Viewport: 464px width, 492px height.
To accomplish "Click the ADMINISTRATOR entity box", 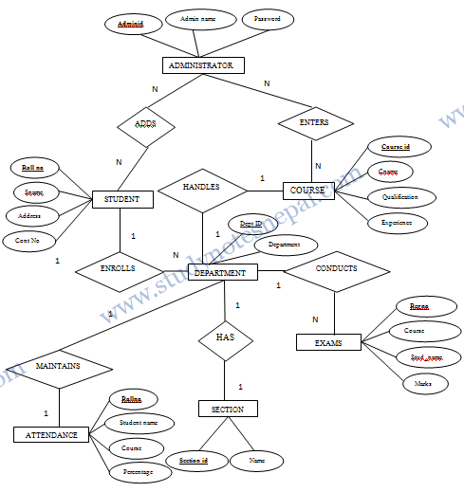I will pyautogui.click(x=201, y=65).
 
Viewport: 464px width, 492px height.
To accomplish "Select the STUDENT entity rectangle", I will pyautogui.click(x=121, y=199).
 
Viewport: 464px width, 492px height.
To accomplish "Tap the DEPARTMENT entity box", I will pyautogui.click(x=222, y=273).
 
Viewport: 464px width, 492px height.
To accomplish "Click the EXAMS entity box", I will pyautogui.click(x=328, y=342).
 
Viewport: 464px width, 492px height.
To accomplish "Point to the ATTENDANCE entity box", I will pyautogui.click(x=51, y=434).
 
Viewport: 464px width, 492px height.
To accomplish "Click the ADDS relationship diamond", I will pyautogui.click(x=145, y=123).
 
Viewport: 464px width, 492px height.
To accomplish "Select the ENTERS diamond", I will pyautogui.click(x=315, y=122).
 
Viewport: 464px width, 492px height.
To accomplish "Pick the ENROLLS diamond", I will pyautogui.click(x=119, y=268).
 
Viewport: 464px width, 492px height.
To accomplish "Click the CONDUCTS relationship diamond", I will pyautogui.click(x=336, y=269).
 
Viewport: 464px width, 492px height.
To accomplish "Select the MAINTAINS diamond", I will pyautogui.click(x=58, y=366).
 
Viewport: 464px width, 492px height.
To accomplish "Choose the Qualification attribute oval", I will pyautogui.click(x=399, y=197).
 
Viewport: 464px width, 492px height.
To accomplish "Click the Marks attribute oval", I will pyautogui.click(x=418, y=384).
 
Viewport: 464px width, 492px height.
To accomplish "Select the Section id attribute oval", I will pyautogui.click(x=193, y=461).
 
